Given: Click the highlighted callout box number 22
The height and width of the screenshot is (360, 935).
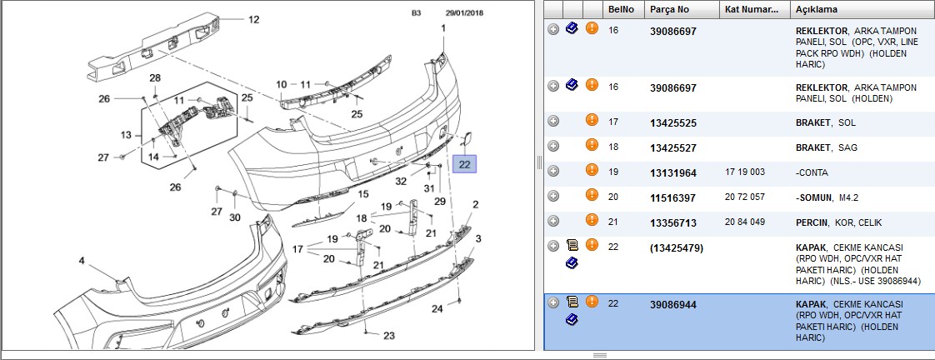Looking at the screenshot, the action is pyautogui.click(x=464, y=164).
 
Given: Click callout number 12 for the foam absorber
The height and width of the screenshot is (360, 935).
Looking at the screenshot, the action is pyautogui.click(x=254, y=20).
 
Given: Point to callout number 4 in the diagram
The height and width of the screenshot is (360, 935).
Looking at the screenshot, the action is pyautogui.click(x=82, y=261).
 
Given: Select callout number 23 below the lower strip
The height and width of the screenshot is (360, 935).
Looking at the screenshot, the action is pyautogui.click(x=389, y=336).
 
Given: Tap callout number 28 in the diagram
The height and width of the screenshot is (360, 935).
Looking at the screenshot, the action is pyautogui.click(x=155, y=78).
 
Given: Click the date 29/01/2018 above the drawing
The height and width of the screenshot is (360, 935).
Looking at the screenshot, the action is pyautogui.click(x=464, y=12).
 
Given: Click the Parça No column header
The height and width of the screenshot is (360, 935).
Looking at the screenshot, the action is pyautogui.click(x=670, y=9).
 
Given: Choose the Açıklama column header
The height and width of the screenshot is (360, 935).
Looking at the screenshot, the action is pyautogui.click(x=817, y=9).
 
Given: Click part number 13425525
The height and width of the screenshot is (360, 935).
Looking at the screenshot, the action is pyautogui.click(x=673, y=123).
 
